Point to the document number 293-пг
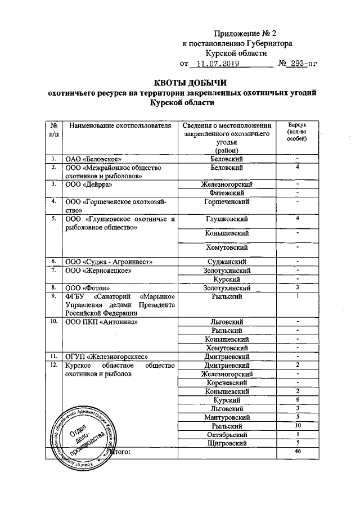click(300, 64)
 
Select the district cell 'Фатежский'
click(226, 192)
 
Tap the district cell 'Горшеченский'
click(226, 201)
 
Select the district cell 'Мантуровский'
click(226, 417)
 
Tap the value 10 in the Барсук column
click(298, 426)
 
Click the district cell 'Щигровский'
click(226, 443)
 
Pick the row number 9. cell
click(53, 296)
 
